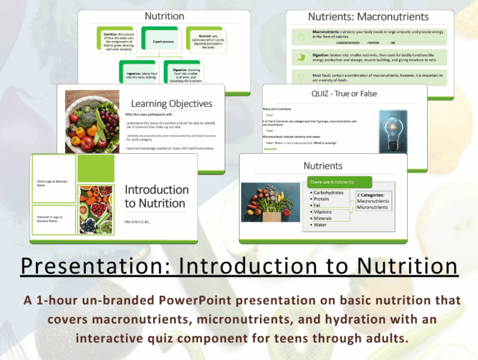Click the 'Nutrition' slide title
(164, 16)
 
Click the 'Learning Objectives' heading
(171, 103)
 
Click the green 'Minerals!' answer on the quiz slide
(271, 149)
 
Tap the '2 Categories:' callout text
(372, 195)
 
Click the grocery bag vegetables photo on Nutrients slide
(272, 202)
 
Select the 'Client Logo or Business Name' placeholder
(52, 183)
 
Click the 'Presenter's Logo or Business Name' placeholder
(52, 218)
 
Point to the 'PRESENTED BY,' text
(138, 221)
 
